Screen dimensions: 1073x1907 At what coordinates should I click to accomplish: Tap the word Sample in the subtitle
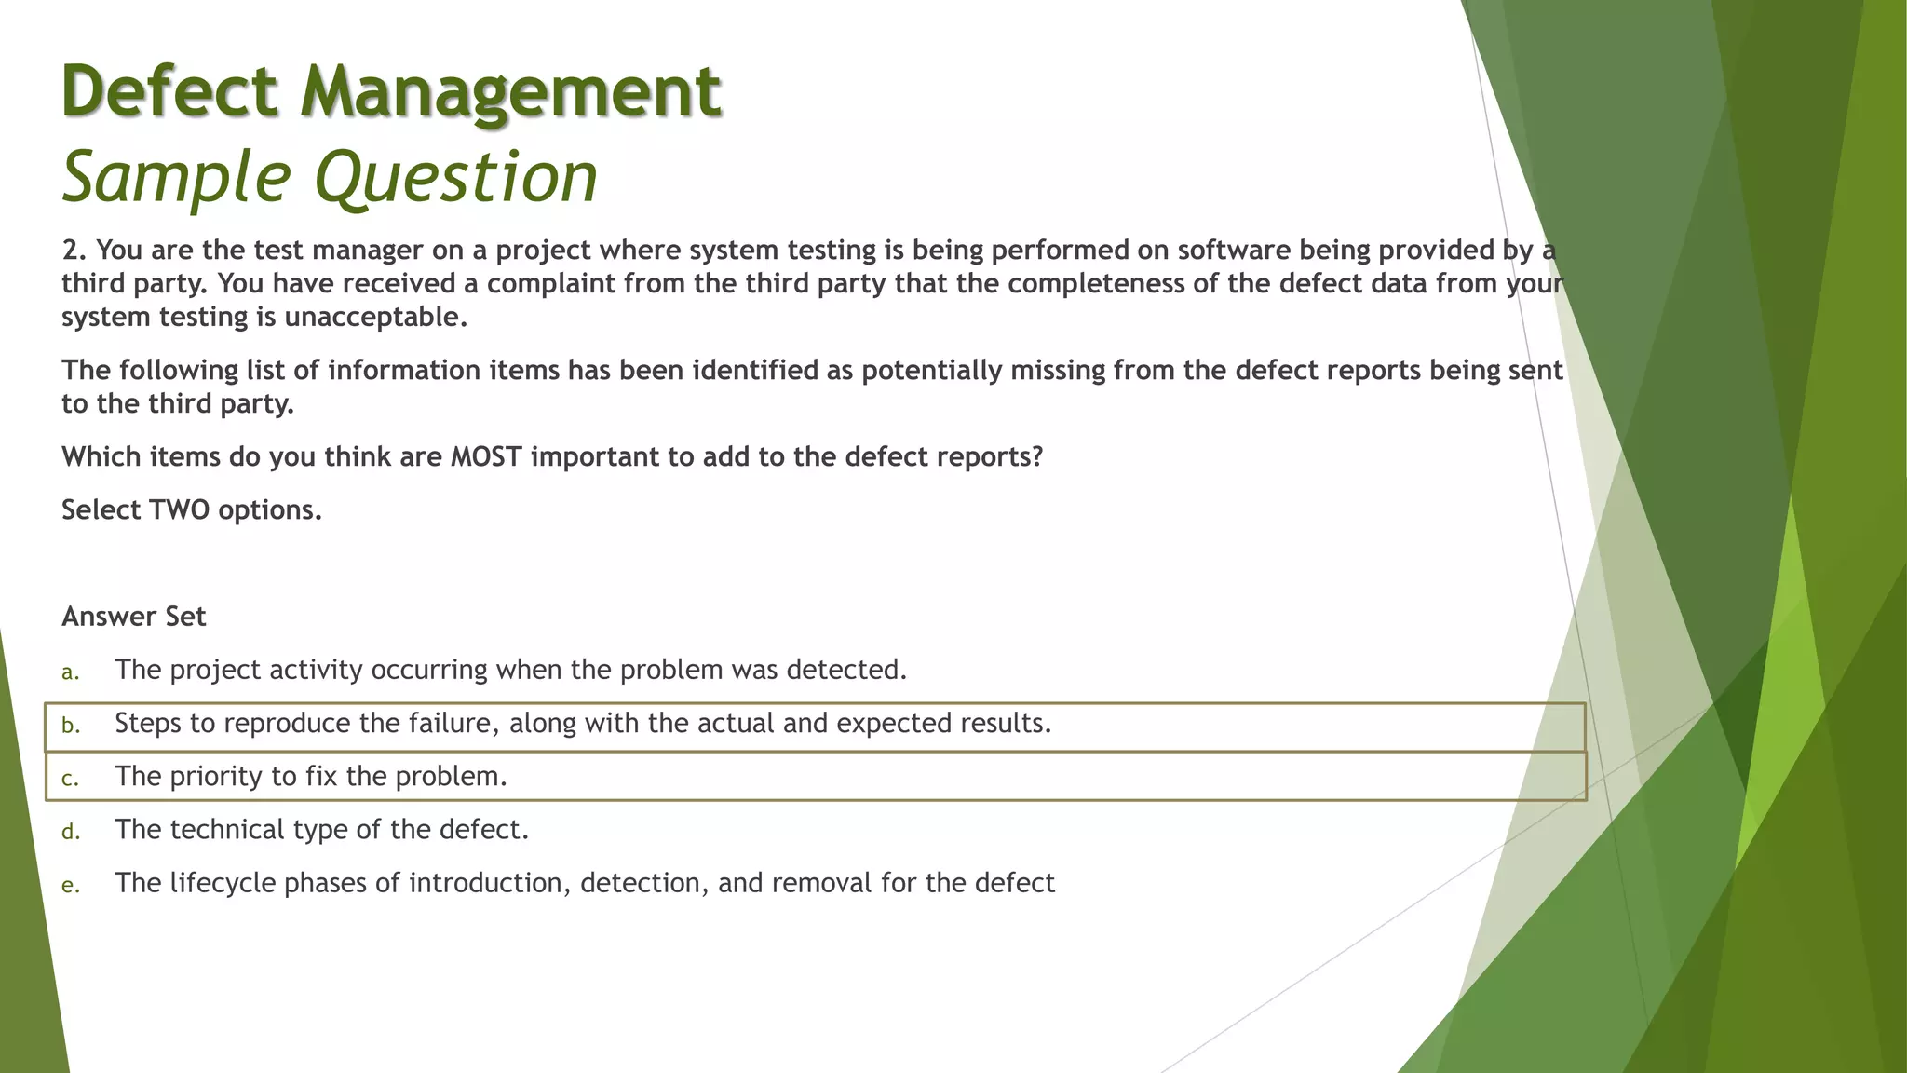(176, 177)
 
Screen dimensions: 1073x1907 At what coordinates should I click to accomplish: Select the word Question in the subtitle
(456, 177)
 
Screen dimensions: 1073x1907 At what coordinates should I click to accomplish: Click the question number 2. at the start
(74, 250)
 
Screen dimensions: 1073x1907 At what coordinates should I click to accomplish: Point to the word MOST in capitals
(486, 456)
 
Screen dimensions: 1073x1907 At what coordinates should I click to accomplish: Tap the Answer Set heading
(133, 616)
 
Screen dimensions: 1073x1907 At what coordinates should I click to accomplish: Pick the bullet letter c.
(70, 778)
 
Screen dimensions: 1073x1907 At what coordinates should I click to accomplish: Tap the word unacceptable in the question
(374, 317)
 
